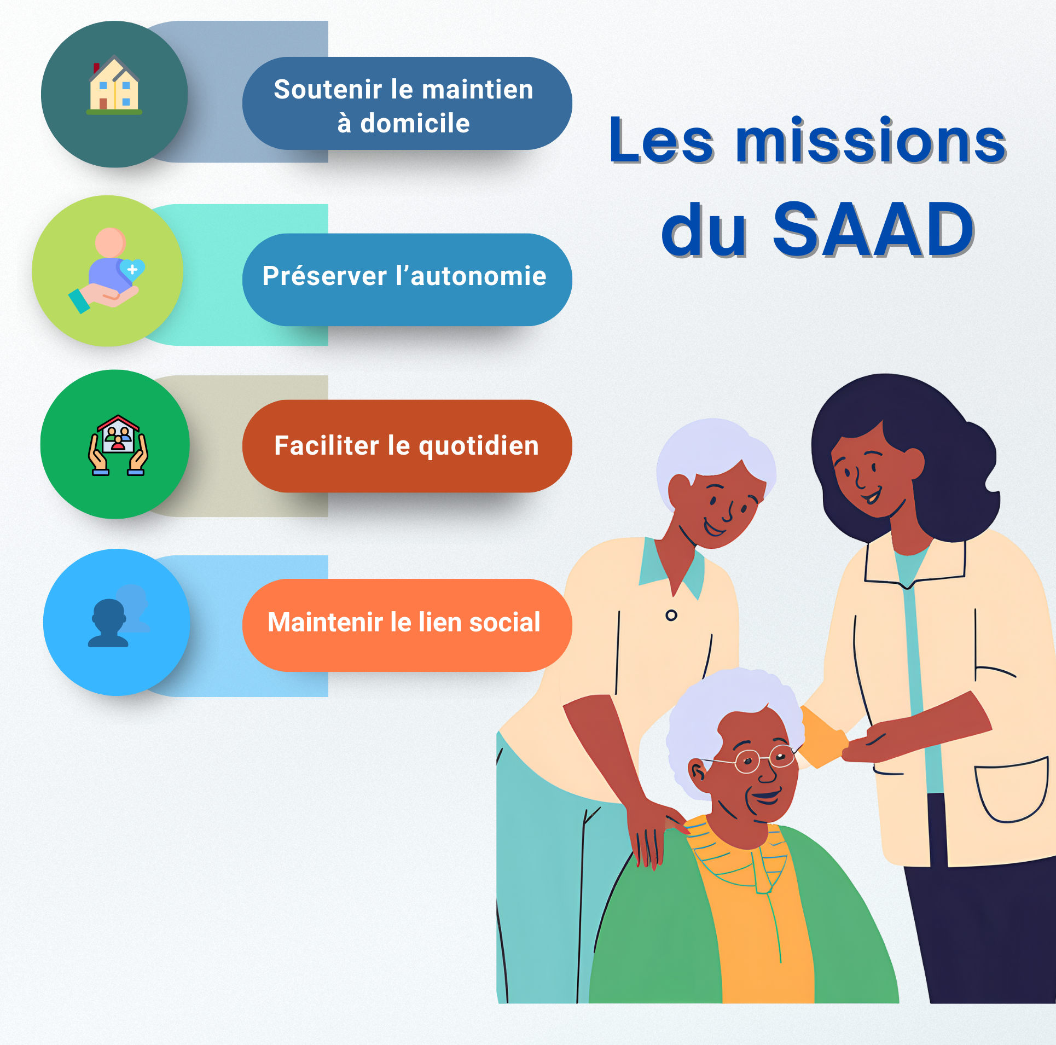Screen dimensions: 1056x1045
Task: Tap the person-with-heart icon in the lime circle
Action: tap(107, 270)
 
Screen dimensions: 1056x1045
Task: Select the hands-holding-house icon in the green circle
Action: tap(118, 445)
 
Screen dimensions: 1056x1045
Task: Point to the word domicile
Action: tap(415, 123)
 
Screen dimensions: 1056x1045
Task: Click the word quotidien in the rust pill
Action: tap(479, 446)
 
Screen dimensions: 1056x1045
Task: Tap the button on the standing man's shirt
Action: tap(671, 616)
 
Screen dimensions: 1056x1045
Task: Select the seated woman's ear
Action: tap(698, 771)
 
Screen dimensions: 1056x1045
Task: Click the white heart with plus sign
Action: tap(132, 269)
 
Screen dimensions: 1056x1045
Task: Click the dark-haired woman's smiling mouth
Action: tap(872, 496)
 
